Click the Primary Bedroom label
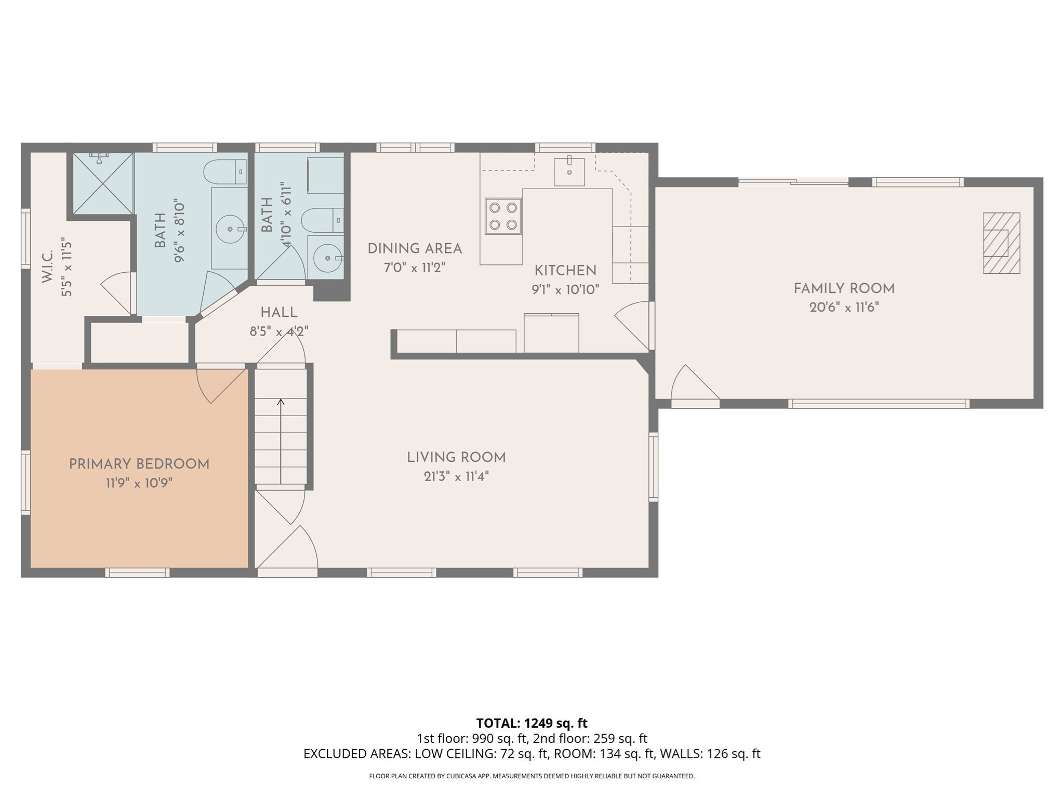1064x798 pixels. point(139,464)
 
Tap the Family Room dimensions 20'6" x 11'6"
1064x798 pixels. point(844,308)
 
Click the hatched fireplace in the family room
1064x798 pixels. point(1001,243)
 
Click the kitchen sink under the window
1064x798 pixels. point(569,171)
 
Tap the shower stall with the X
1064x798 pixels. point(102,183)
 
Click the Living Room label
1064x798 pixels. point(456,458)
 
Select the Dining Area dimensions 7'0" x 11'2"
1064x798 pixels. point(415,268)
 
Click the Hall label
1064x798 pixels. point(279,313)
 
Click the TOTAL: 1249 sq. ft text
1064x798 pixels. point(531,723)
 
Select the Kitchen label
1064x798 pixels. point(565,271)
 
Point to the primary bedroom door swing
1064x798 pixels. point(221,384)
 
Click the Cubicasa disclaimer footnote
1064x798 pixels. point(531,776)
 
